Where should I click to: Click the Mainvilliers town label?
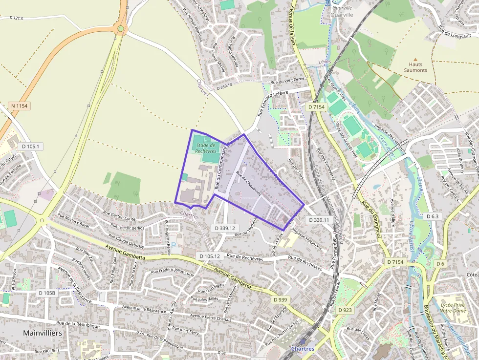click(43, 333)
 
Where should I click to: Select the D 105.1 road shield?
click(30, 146)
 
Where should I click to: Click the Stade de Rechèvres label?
click(205, 148)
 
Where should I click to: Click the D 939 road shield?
click(281, 299)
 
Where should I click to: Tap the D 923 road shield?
click(345, 310)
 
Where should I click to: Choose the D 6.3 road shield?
click(433, 216)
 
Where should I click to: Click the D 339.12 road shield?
click(225, 228)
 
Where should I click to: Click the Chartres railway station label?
click(303, 348)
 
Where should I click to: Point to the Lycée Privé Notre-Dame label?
click(452, 307)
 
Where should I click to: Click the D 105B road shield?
click(46, 293)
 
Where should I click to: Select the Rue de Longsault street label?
click(455, 35)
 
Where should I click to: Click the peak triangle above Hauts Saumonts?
click(415, 58)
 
